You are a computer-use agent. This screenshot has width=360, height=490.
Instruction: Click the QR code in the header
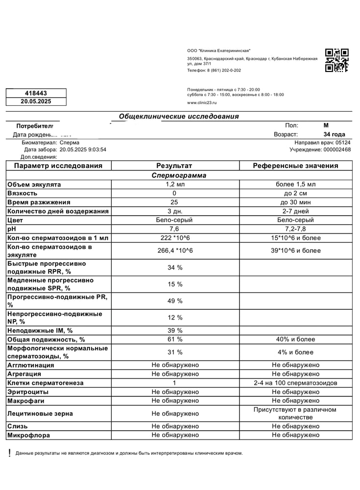click(336, 60)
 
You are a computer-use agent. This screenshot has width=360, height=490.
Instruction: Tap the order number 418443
click(36, 93)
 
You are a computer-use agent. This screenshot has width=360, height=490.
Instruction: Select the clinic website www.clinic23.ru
click(201, 103)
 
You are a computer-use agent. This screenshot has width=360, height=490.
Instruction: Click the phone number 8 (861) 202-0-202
click(225, 71)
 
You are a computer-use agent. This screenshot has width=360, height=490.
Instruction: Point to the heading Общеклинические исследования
click(179, 117)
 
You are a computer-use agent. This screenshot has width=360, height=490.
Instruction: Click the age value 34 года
click(334, 134)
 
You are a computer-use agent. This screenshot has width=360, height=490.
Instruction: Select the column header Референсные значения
click(295, 166)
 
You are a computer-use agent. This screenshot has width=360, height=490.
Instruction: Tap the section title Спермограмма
click(179, 175)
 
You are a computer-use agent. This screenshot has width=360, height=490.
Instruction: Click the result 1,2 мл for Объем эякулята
click(175, 184)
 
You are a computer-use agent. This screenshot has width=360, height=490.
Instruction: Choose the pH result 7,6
click(174, 229)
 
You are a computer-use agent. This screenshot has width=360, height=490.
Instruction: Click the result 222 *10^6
click(175, 238)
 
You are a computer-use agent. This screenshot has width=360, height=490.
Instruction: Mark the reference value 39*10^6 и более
click(295, 250)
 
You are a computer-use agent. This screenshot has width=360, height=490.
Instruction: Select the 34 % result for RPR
click(175, 268)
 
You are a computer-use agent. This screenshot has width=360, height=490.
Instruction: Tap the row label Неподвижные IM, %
click(40, 330)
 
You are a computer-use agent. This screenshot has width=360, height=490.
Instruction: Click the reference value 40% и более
click(295, 339)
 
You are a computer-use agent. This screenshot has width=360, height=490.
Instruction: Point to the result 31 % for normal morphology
click(175, 352)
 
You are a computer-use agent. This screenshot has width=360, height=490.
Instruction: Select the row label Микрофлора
click(28, 435)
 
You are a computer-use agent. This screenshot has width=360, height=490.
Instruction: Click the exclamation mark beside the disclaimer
click(9, 453)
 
